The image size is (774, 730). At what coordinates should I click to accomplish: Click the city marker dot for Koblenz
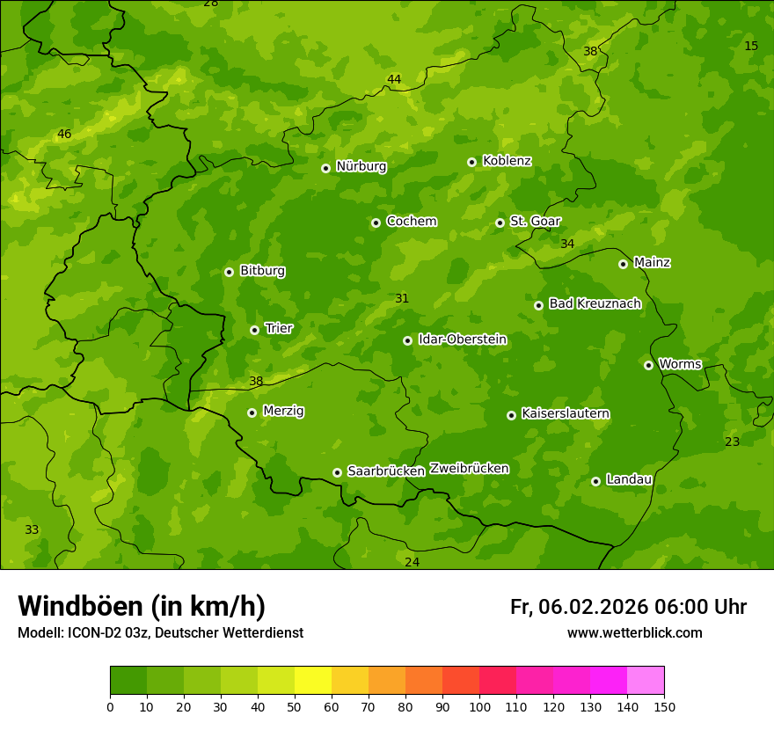click(471, 162)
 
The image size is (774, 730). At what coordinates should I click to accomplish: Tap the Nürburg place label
click(361, 166)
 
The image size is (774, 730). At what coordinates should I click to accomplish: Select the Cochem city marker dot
click(376, 223)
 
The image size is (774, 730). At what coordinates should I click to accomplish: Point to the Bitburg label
click(262, 271)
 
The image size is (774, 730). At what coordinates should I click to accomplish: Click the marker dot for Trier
click(254, 330)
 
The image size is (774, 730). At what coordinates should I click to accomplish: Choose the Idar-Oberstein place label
click(462, 339)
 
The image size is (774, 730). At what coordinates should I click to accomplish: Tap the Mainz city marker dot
click(623, 264)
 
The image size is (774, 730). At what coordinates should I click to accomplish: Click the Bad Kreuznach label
click(595, 303)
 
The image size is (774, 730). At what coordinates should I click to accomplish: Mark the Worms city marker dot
click(648, 365)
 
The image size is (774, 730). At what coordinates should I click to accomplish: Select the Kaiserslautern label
click(565, 413)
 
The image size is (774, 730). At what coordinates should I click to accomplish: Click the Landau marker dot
click(595, 481)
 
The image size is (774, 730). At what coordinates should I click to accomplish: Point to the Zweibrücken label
click(469, 469)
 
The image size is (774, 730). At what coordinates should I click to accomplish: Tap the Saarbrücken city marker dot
click(337, 472)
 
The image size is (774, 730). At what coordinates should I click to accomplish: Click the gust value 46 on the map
click(64, 135)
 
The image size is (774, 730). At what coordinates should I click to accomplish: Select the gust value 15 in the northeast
click(750, 46)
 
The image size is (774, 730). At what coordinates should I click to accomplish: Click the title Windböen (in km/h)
click(142, 606)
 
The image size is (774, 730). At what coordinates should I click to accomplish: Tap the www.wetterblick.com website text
click(634, 632)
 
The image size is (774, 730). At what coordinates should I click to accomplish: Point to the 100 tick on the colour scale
click(479, 705)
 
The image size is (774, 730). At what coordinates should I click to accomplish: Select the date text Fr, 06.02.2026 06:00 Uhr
click(628, 607)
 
